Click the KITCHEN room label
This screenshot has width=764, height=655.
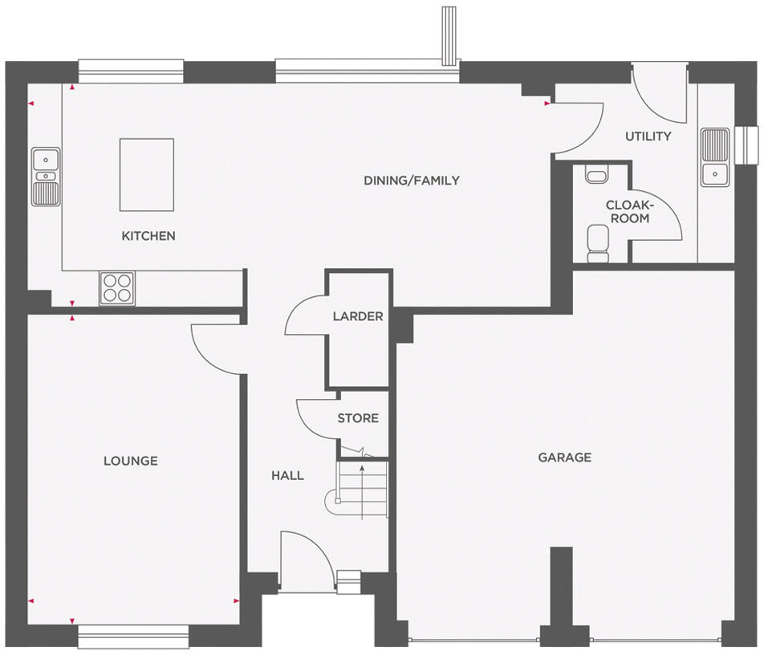148,236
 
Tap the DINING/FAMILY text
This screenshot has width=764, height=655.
412,181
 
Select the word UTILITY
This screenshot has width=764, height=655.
648,136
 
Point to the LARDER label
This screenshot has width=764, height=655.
358,316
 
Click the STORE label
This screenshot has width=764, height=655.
358,418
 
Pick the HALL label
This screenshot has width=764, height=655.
287,475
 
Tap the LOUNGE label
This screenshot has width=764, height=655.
131,461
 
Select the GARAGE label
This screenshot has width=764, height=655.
564,458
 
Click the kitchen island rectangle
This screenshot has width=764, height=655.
146,174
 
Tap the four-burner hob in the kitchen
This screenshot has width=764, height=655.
117,288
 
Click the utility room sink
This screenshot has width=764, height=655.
713,157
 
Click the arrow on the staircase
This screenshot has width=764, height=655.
363,490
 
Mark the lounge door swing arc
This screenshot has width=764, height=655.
210,348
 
